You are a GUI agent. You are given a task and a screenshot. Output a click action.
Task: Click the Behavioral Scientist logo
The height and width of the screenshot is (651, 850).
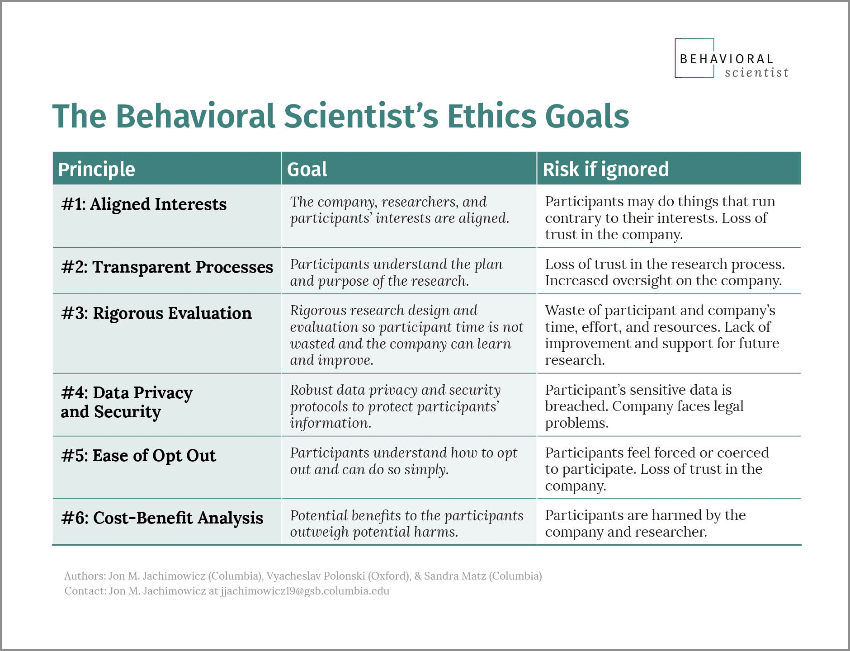tap(731, 59)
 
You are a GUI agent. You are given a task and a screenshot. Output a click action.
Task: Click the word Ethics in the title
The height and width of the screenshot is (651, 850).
tap(491, 116)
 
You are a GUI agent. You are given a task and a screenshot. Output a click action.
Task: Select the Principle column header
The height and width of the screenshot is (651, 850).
tap(97, 169)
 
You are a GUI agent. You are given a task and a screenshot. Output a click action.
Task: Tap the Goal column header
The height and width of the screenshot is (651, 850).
tap(307, 169)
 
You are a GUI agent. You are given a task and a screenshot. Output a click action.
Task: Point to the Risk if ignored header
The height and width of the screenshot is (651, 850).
tap(605, 169)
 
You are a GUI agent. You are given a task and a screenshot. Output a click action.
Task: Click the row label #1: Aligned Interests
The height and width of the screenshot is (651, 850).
tap(144, 204)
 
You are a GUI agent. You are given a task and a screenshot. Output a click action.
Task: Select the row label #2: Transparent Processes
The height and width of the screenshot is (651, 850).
tap(167, 267)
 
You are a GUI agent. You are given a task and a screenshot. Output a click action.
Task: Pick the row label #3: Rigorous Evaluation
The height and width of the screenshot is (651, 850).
tap(156, 313)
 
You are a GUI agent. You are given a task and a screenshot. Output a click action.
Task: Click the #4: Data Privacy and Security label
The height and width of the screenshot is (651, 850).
tap(127, 402)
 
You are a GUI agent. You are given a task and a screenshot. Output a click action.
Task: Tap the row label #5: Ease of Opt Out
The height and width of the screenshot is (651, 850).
tap(138, 456)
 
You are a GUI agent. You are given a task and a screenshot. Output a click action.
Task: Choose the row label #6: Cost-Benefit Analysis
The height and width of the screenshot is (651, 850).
tap(162, 518)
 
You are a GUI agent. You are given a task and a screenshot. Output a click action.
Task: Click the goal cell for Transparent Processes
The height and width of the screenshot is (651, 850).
tap(396, 272)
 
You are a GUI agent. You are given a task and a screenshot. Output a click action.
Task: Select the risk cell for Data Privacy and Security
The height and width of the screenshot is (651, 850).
tap(644, 406)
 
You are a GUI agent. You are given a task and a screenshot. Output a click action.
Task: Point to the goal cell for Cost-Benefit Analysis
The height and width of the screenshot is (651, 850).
tap(406, 524)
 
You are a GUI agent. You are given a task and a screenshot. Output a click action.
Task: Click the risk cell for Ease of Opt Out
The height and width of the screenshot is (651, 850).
tap(656, 469)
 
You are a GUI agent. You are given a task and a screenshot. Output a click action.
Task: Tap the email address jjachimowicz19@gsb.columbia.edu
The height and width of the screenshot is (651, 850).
tap(305, 591)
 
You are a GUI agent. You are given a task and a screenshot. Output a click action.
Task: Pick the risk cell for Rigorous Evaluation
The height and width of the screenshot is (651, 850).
tap(661, 335)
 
